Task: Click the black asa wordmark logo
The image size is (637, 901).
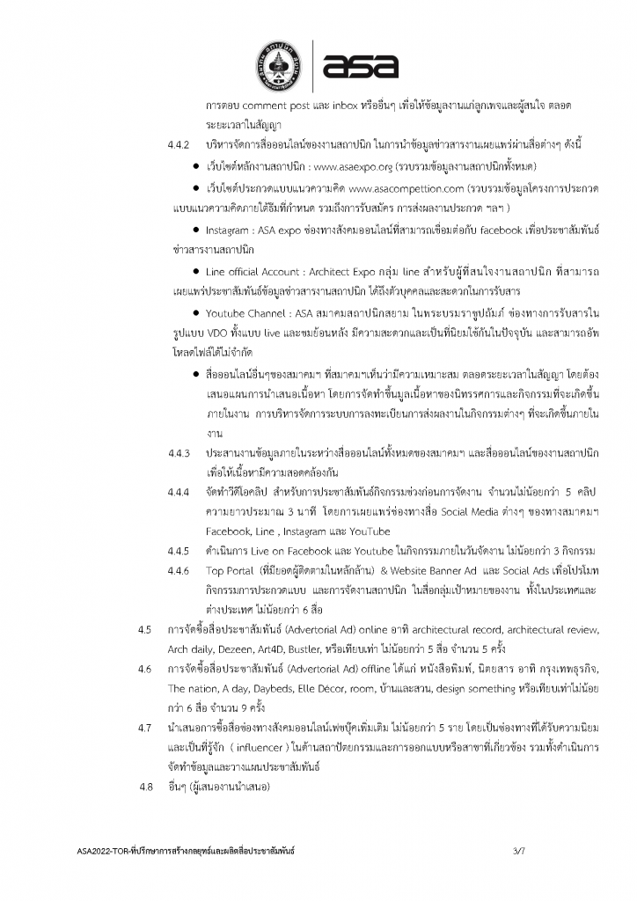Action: (360, 64)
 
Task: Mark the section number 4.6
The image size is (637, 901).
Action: (146, 670)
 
